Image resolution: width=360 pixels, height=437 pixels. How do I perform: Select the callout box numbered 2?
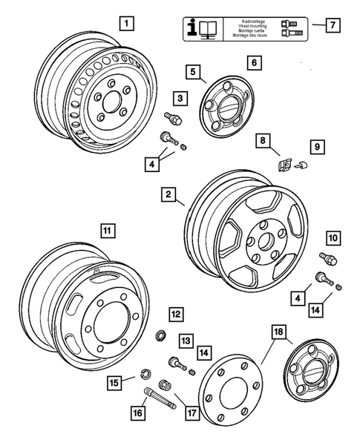[x=170, y=195]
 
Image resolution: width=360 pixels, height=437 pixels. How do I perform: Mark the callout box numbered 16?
[x=138, y=412]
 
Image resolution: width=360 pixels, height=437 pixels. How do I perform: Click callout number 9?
[x=315, y=148]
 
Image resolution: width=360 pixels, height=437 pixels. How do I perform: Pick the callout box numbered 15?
[x=114, y=384]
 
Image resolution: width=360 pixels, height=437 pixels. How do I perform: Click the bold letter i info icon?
[x=194, y=28]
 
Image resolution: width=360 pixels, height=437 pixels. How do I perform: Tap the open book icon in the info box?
[x=211, y=29]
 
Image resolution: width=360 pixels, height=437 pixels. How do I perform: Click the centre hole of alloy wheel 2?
[x=263, y=243]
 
